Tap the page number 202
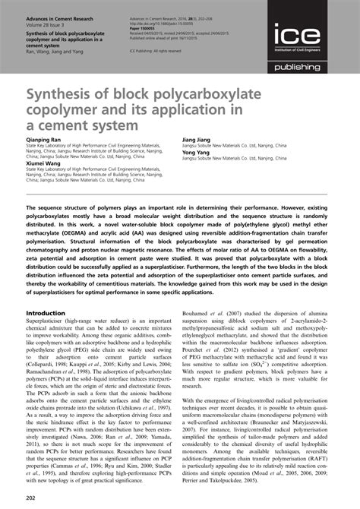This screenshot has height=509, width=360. [32, 497]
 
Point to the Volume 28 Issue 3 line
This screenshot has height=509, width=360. [47, 22]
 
